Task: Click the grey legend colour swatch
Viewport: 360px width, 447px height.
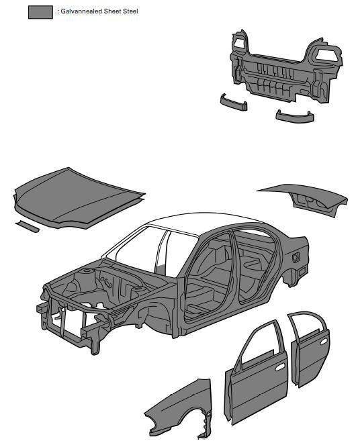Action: [x=40, y=12]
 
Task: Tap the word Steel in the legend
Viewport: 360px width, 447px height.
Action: [x=130, y=11]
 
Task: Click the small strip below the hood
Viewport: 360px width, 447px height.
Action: [x=27, y=226]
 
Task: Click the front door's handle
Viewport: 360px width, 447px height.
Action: [x=279, y=367]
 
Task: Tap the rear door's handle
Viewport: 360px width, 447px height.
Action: [x=324, y=342]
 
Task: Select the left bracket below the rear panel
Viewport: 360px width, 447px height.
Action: [x=233, y=102]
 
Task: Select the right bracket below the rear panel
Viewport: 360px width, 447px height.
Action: [x=295, y=117]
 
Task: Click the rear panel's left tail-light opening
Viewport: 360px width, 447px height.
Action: [x=239, y=43]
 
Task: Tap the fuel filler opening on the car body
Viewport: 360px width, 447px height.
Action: [x=296, y=258]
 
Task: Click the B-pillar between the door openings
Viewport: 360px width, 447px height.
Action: [x=235, y=271]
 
